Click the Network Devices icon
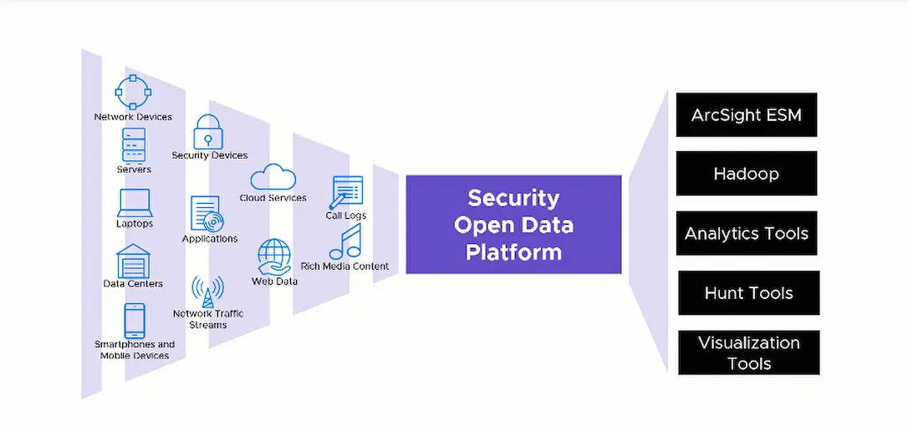(132, 92)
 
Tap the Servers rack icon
(134, 145)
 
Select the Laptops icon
(134, 203)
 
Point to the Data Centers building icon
(133, 261)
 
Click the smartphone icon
(134, 321)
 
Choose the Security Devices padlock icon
(208, 132)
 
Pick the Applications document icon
(207, 213)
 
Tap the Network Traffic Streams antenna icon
(207, 291)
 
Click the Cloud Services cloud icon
(273, 177)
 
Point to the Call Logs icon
(347, 192)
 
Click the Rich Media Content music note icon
(345, 242)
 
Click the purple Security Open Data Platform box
(513, 225)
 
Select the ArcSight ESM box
(746, 114)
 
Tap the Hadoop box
(746, 174)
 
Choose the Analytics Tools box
(746, 233)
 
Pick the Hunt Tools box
(748, 292)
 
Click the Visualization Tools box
(748, 352)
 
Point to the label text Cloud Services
(273, 198)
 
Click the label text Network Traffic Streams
(208, 319)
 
